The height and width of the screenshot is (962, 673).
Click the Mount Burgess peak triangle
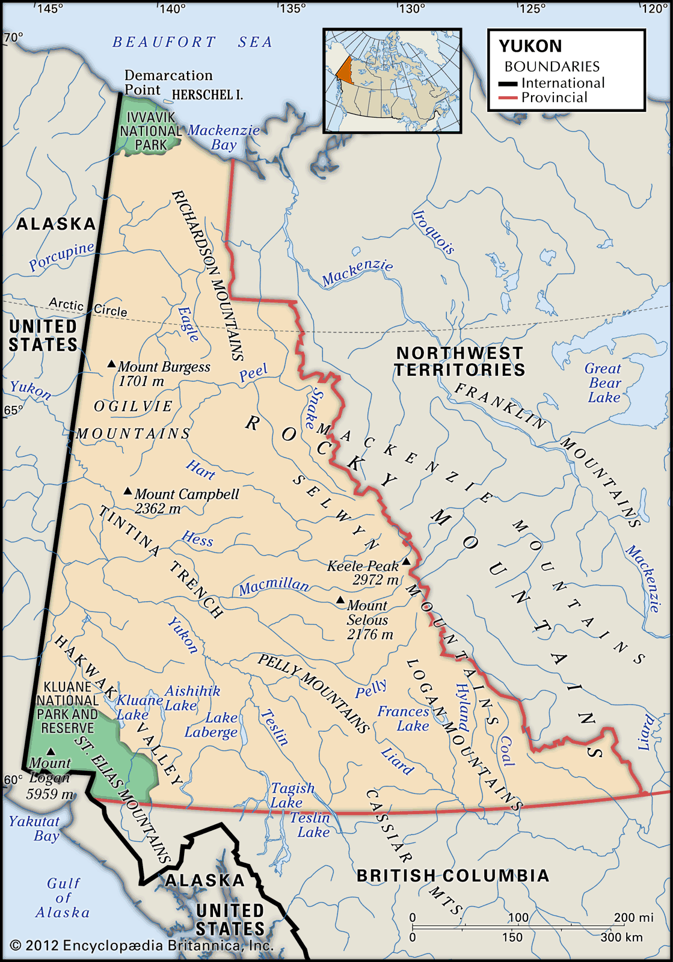click(x=111, y=364)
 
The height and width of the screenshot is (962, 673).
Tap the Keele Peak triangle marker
click(x=406, y=562)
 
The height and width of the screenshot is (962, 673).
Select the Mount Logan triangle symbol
click(x=51, y=751)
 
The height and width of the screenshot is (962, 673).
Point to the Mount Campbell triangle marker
click(x=128, y=491)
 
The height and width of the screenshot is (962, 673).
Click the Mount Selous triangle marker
click(x=340, y=600)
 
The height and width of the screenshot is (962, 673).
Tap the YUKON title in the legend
click(x=530, y=46)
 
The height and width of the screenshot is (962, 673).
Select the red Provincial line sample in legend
click(x=508, y=98)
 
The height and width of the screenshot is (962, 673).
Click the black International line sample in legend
click(x=508, y=84)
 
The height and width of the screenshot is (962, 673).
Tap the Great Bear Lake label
click(x=604, y=383)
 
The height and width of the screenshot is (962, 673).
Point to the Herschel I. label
click(x=207, y=95)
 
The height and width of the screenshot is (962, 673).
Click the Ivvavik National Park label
click(x=150, y=131)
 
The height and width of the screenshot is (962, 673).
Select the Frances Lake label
click(x=404, y=718)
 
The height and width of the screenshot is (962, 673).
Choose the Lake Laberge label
click(x=212, y=725)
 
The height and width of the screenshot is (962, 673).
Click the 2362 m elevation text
click(x=158, y=509)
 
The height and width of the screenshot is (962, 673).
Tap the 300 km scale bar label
click(x=621, y=937)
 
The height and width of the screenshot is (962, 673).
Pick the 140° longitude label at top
click(x=173, y=8)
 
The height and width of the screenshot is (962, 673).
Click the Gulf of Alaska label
click(x=63, y=898)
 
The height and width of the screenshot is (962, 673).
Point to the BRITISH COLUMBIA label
click(x=453, y=875)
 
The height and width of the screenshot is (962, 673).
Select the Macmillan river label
click(x=274, y=586)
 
